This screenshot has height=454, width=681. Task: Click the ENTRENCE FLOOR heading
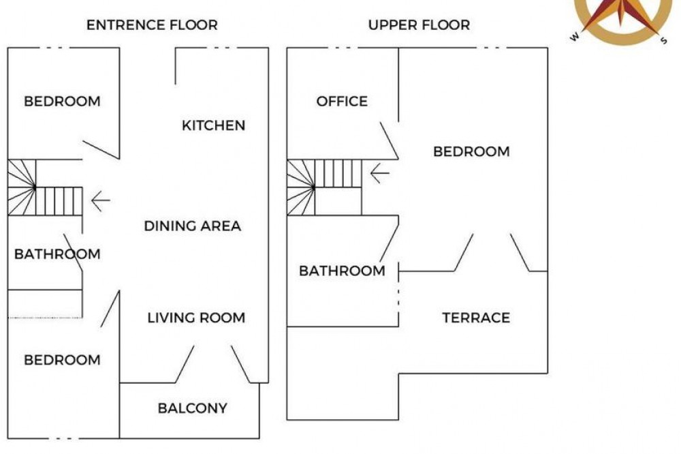point(152,25)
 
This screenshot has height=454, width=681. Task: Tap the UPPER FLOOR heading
point(419,25)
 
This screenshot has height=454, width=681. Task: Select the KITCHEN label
point(214,125)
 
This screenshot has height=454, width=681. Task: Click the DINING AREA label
point(193,226)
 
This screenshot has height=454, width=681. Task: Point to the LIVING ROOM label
point(196,318)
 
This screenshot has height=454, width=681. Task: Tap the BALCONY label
point(193,408)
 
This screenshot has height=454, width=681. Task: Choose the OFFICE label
point(343,102)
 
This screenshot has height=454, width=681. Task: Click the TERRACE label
point(477,318)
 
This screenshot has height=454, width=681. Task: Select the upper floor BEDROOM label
point(472,152)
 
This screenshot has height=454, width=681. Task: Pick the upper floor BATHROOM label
point(343,271)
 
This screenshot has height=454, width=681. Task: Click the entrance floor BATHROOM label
point(57,254)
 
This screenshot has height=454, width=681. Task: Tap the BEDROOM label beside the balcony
point(62,360)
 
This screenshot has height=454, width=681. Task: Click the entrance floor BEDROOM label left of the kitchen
point(62,102)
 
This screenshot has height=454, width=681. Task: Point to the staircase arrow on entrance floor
point(100,201)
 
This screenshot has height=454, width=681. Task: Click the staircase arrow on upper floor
point(379,173)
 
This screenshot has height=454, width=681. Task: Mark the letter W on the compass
point(575,37)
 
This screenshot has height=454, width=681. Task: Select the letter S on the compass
point(663,40)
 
